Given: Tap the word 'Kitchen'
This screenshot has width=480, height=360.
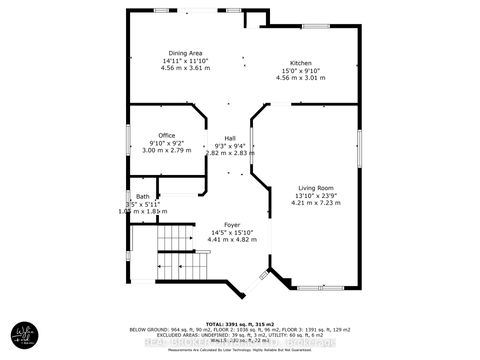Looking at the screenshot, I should click(x=301, y=61).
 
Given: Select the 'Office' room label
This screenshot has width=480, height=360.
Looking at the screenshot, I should click(x=167, y=134).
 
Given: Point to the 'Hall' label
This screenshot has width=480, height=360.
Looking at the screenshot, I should click(x=229, y=138).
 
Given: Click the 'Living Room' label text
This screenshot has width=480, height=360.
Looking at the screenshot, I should click(x=315, y=187).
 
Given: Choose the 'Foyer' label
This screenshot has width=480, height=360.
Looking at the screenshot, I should click(x=232, y=227).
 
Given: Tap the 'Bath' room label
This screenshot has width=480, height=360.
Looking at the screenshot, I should click(x=143, y=197).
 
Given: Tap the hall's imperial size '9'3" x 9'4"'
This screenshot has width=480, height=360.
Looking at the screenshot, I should click(x=229, y=146).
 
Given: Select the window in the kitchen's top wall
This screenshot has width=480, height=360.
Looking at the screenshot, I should click(x=317, y=26).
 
